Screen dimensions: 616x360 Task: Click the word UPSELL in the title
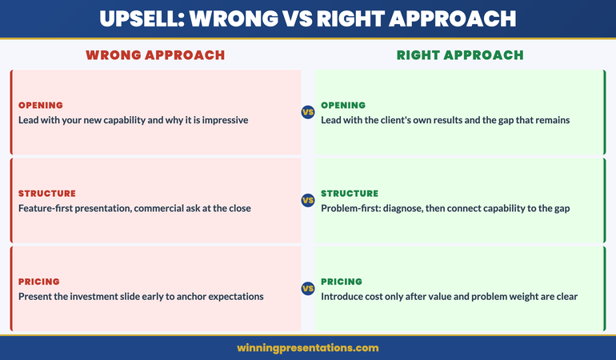(x=142, y=18)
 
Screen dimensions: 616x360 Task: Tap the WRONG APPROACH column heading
(x=155, y=55)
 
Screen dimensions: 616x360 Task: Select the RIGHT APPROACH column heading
(x=460, y=55)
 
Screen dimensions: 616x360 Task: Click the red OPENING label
(x=41, y=106)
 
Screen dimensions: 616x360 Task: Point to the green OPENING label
(x=343, y=106)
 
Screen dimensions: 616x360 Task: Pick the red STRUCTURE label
(x=46, y=194)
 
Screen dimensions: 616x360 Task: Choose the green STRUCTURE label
(x=350, y=194)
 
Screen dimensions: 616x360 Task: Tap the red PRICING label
(x=39, y=282)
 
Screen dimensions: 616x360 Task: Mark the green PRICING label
(x=342, y=282)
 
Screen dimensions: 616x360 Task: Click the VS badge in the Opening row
(x=308, y=113)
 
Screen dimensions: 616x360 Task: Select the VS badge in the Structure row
(x=308, y=201)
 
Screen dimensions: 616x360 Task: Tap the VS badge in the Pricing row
(x=308, y=289)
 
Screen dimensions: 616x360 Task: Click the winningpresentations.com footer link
(x=308, y=348)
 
